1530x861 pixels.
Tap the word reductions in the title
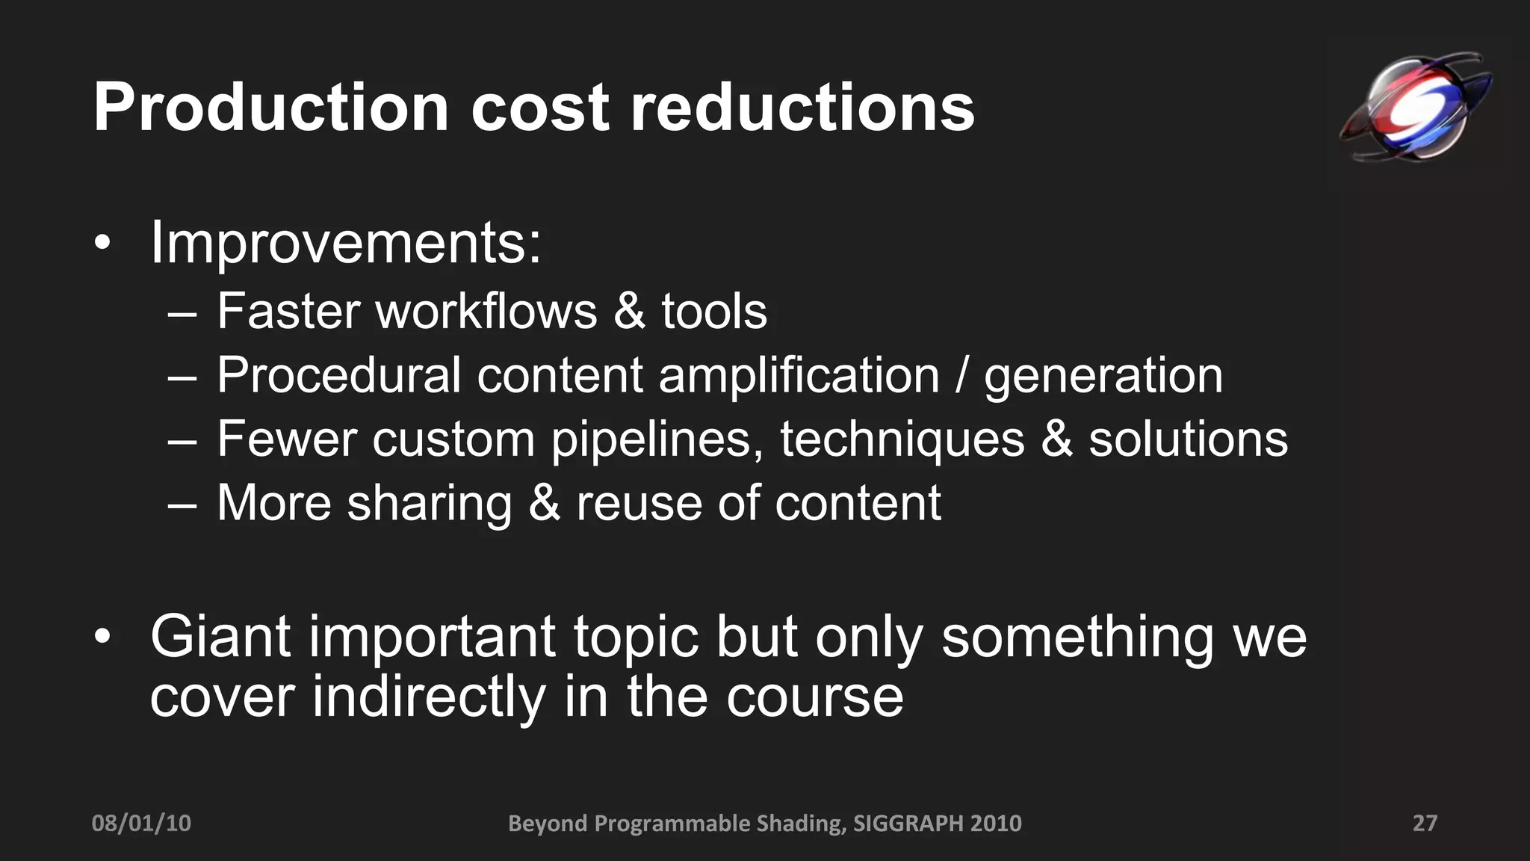[x=802, y=109]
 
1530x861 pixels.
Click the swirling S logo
[x=1416, y=108]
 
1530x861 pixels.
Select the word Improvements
[x=345, y=243]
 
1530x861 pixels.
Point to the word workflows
[x=486, y=312]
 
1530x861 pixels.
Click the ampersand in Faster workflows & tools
[x=629, y=312]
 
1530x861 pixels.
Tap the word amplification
[x=799, y=375]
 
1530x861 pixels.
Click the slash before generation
[x=962, y=375]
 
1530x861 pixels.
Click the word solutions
[x=1188, y=439]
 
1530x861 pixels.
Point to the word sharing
[x=430, y=504]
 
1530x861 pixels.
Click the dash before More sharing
[x=182, y=505]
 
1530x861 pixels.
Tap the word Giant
[x=220, y=637]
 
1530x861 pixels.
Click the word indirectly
[x=430, y=697]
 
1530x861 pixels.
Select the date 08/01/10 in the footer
[x=141, y=824]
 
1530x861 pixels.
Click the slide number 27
[x=1425, y=824]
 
